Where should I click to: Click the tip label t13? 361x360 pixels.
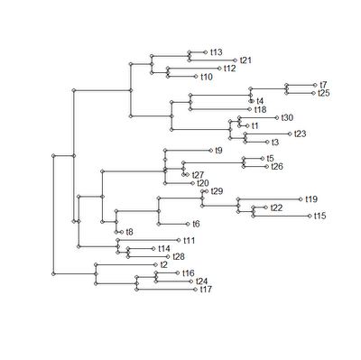(x=217, y=52)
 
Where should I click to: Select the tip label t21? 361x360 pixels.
(x=245, y=60)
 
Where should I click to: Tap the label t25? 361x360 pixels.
(x=324, y=93)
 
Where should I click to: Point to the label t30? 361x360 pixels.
(x=287, y=118)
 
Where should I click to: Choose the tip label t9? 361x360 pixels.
(x=219, y=151)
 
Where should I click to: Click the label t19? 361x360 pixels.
(x=311, y=199)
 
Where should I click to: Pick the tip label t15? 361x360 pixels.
(x=320, y=216)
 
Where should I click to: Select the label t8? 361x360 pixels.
(x=129, y=232)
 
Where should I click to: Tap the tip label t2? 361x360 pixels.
(x=164, y=265)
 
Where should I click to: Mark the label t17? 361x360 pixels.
(x=206, y=290)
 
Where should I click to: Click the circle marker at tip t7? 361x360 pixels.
(x=315, y=85)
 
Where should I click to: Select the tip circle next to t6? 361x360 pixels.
(x=188, y=224)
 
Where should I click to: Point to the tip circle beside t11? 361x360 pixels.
(x=179, y=240)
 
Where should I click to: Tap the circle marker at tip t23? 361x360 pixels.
(x=290, y=134)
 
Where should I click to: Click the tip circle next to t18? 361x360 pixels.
(x=250, y=109)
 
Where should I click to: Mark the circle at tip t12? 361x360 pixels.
(x=219, y=69)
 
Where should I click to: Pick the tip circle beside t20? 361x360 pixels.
(x=192, y=183)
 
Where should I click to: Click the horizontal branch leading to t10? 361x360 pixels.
(x=182, y=77)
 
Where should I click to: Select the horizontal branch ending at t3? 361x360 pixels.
(x=256, y=143)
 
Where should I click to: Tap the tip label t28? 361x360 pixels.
(x=179, y=257)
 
